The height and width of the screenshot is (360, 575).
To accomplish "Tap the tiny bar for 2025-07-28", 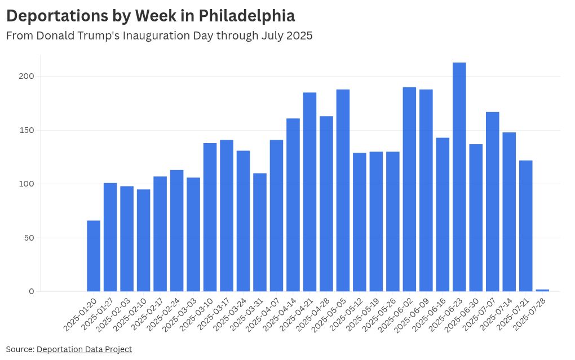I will [542, 290].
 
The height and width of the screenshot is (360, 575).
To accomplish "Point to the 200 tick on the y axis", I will [28, 76].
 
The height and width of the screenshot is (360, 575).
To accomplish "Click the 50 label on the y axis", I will [30, 238].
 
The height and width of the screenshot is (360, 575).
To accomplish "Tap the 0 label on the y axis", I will [32, 291].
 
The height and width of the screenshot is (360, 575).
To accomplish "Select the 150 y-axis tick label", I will [28, 130].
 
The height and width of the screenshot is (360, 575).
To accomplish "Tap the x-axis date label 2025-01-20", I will [79, 316].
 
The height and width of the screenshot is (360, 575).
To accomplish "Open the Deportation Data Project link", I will [84, 349].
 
